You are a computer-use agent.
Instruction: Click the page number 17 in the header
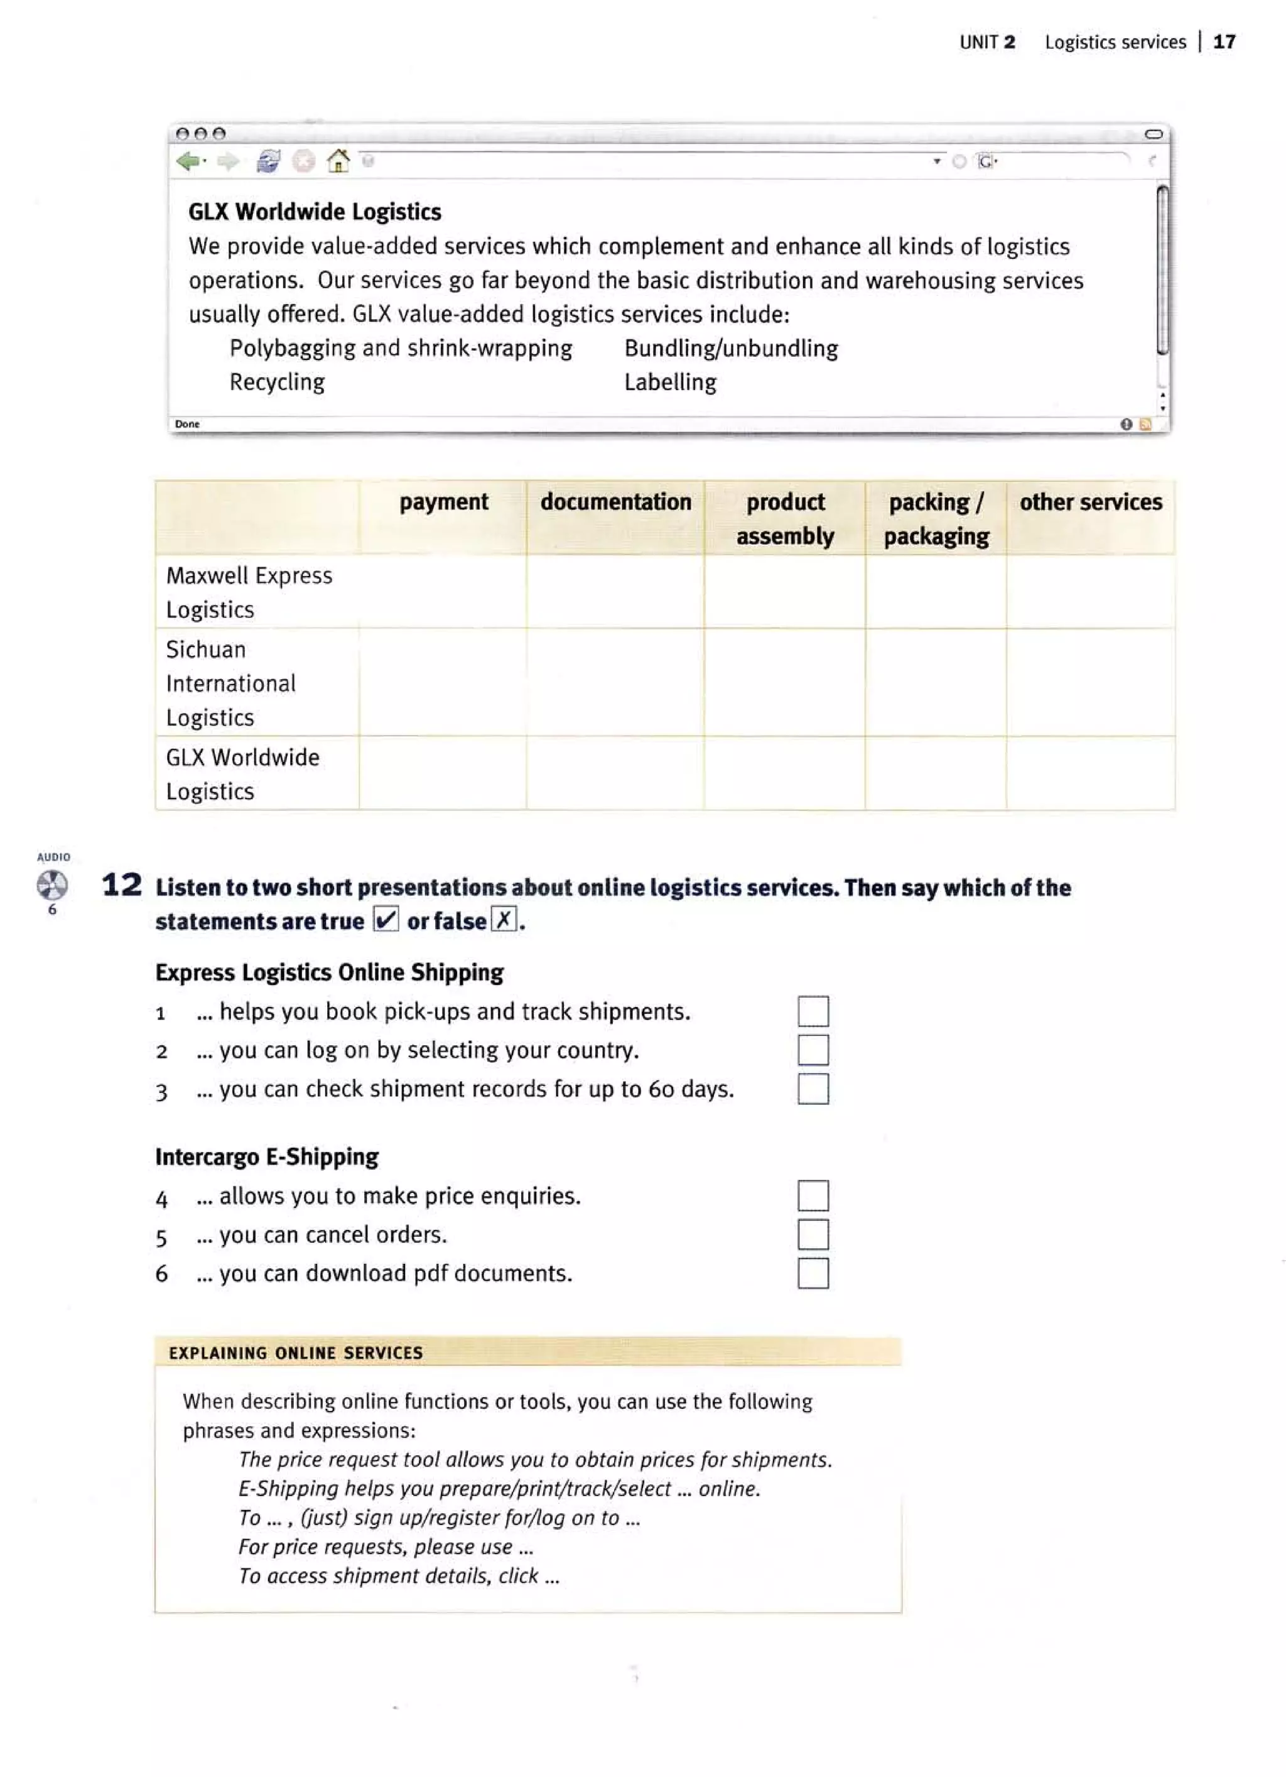(1223, 41)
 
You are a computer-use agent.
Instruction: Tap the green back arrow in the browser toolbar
(188, 161)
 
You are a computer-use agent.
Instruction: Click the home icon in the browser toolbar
(338, 161)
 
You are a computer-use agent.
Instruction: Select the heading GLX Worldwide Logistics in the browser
(314, 212)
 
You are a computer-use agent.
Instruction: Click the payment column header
(443, 503)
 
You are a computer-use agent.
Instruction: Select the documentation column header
(615, 503)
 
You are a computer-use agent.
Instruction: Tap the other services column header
(1090, 503)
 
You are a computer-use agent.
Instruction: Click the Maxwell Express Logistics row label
(249, 592)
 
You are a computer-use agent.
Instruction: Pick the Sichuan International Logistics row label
(231, 683)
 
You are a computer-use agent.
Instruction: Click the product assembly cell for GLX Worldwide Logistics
(784, 773)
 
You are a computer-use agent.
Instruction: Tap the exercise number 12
(122, 886)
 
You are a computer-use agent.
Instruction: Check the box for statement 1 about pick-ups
(813, 1011)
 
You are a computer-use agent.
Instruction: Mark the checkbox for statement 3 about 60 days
(813, 1089)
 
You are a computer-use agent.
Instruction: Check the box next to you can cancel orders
(813, 1234)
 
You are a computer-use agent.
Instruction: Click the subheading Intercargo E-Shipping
(266, 1156)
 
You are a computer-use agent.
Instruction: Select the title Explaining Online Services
(295, 1352)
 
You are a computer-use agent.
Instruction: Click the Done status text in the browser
(187, 424)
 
